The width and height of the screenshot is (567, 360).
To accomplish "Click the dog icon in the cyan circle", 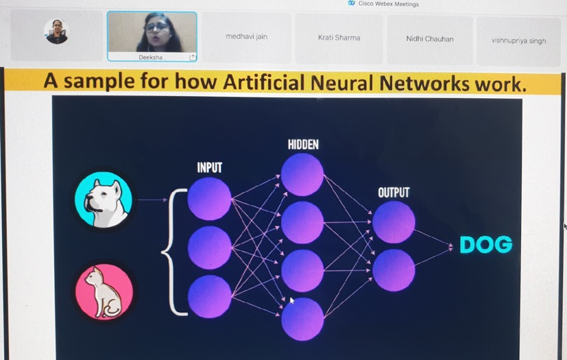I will (104, 199).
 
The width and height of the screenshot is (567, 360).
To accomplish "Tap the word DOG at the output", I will (485, 245).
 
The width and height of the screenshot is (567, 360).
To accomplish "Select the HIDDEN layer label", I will (303, 145).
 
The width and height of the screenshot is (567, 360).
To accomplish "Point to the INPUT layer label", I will (209, 168).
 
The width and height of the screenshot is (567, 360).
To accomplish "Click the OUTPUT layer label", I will (393, 193).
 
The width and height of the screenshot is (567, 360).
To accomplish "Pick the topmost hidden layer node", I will (302, 174).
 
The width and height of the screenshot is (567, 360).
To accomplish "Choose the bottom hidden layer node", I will (302, 319).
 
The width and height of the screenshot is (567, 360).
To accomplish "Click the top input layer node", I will (209, 199).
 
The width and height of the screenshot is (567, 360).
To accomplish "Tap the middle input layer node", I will (209, 248).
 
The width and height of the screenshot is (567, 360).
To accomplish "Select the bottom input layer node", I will (209, 296).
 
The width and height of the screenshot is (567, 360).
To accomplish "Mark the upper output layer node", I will (394, 222).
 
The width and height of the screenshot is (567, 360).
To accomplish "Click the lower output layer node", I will (394, 269).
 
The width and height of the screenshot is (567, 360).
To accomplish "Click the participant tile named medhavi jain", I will (246, 37).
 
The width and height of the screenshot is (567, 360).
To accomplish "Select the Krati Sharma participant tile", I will (339, 38).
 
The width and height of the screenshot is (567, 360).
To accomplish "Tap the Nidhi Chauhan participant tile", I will (429, 39).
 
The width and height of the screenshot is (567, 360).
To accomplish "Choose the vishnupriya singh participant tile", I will (518, 40).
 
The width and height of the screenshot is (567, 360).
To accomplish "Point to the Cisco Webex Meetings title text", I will (388, 4).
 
